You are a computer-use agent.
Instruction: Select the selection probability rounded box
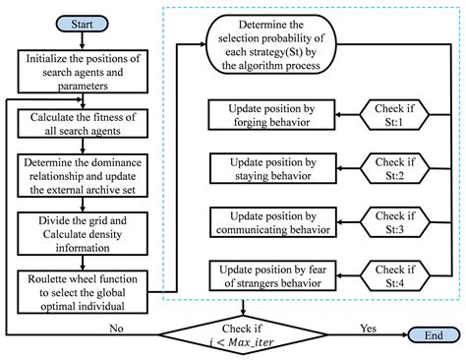pos(277,43)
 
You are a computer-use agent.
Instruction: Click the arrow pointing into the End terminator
pos(388,333)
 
